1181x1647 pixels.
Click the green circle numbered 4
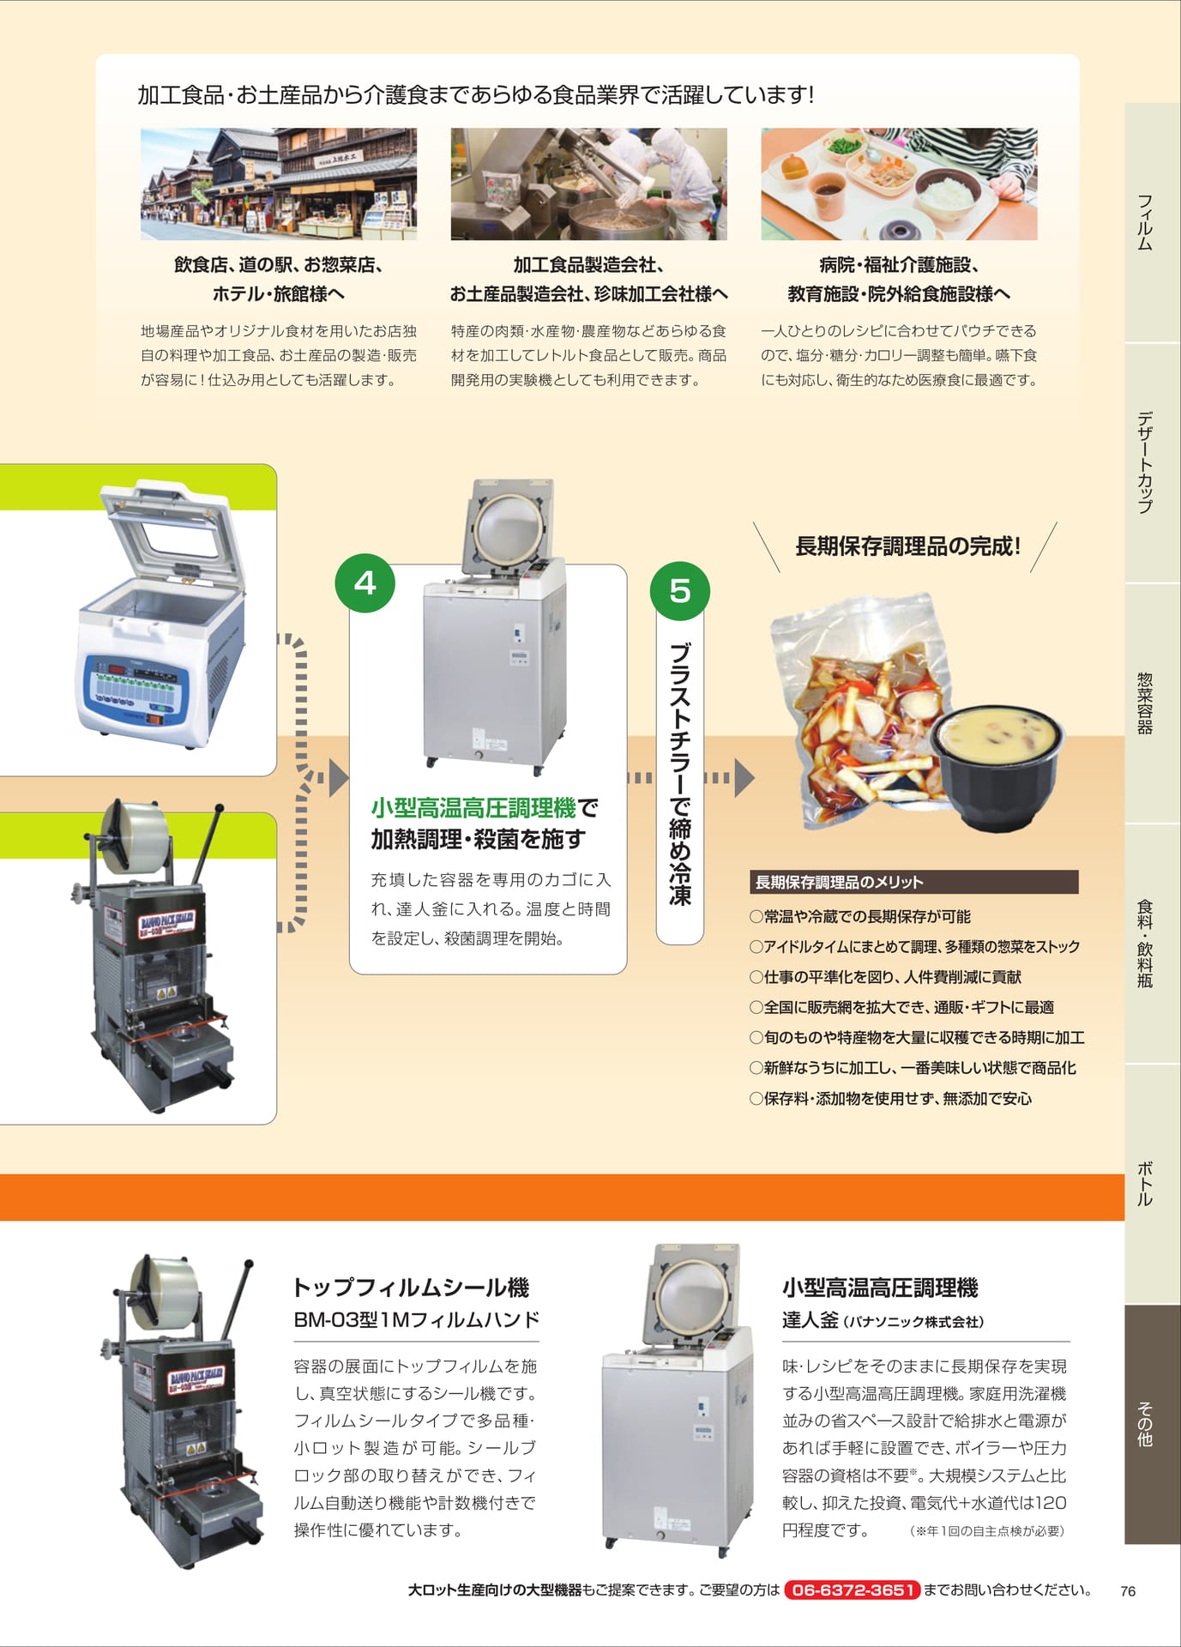click(365, 583)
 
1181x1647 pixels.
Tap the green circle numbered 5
click(679, 590)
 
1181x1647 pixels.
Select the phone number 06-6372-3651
click(852, 1590)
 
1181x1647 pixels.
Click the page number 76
click(1128, 1591)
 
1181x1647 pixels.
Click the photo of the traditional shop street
click(279, 184)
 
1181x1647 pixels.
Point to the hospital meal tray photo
click(899, 184)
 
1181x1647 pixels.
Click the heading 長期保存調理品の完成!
click(907, 546)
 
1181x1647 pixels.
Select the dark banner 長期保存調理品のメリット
click(913, 882)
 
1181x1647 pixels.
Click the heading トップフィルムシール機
click(411, 1287)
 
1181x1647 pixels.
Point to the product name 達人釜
click(810, 1320)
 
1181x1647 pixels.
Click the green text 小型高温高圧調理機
click(473, 807)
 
